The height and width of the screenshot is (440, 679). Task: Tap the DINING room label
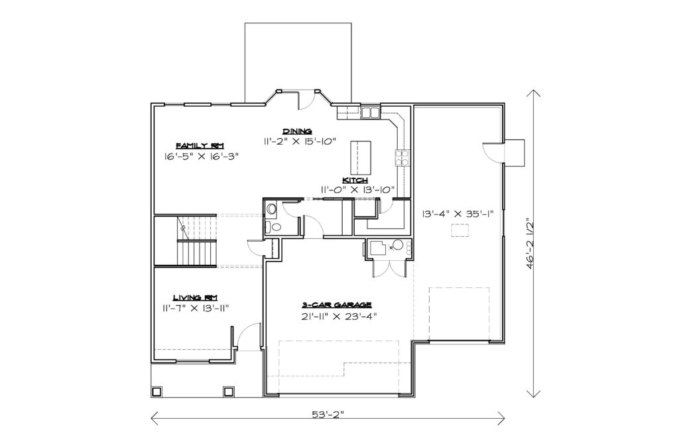[x=298, y=131]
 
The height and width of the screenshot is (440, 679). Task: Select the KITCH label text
[x=355, y=180]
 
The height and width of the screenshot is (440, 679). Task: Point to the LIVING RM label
[x=196, y=297]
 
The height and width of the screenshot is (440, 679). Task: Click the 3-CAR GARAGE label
[x=336, y=305]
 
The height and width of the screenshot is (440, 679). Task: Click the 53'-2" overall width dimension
[x=328, y=414]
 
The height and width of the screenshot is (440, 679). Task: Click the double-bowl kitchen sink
[x=370, y=112]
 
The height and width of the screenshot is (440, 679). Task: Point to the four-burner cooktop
[x=401, y=158]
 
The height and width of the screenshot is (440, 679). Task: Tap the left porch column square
[x=156, y=392]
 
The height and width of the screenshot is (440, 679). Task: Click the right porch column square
[x=228, y=392]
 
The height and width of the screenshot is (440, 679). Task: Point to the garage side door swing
[x=493, y=152]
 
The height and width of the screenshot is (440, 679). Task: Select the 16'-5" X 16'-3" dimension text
[x=202, y=157]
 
